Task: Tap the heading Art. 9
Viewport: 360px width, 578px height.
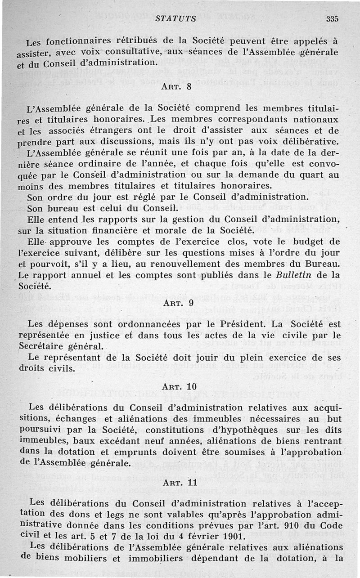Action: tap(177, 303)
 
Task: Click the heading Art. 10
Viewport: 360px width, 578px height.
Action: tap(178, 387)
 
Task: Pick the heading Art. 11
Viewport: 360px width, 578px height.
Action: tap(178, 481)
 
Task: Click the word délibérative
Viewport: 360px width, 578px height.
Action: tap(307, 142)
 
